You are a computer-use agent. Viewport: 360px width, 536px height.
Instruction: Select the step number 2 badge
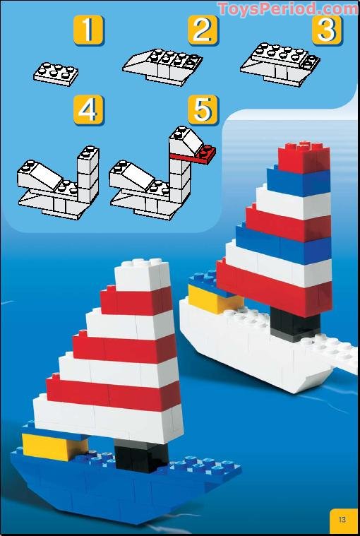[203, 31]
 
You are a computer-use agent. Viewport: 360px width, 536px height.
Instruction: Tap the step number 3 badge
[325, 31]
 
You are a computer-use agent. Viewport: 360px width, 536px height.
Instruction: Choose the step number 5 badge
[203, 111]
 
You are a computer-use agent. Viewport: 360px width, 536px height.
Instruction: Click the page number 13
[342, 520]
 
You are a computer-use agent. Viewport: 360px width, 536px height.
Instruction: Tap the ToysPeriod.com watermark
[288, 8]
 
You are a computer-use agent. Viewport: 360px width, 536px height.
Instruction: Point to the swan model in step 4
[59, 180]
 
